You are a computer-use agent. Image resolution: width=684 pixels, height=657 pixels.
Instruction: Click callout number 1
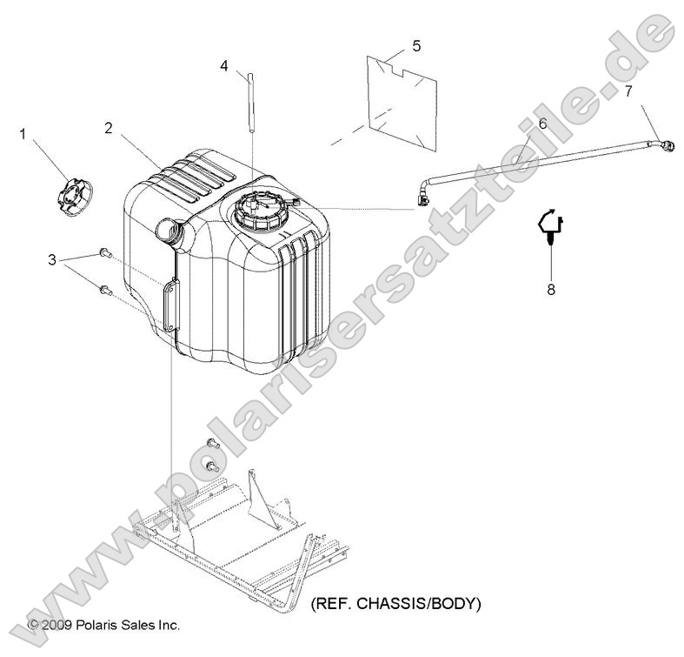tap(23, 133)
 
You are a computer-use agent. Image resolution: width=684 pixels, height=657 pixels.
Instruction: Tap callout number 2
tap(109, 128)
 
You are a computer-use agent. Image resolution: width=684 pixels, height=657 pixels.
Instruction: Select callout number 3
tap(52, 259)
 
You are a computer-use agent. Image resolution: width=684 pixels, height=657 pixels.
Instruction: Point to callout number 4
tap(224, 65)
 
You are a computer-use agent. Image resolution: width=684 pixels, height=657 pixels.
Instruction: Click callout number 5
tap(415, 44)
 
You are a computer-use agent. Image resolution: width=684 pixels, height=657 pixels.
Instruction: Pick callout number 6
tap(542, 124)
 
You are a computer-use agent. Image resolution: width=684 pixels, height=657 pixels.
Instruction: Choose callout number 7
tap(628, 91)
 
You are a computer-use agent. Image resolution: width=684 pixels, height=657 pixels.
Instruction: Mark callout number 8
tap(550, 290)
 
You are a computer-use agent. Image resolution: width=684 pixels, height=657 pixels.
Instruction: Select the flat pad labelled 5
tap(401, 97)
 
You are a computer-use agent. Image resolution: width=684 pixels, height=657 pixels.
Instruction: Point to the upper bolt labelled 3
tap(105, 252)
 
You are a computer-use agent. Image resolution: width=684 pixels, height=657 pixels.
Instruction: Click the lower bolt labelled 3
tap(105, 290)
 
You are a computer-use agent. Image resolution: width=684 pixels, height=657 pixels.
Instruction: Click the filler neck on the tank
tap(167, 231)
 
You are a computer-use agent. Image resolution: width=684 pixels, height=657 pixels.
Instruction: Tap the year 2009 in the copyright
tap(57, 625)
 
